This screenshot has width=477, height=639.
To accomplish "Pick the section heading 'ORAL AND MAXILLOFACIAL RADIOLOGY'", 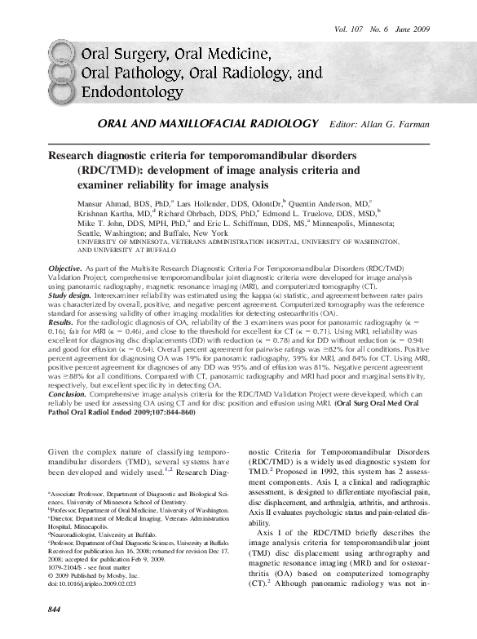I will pos(207,123).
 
